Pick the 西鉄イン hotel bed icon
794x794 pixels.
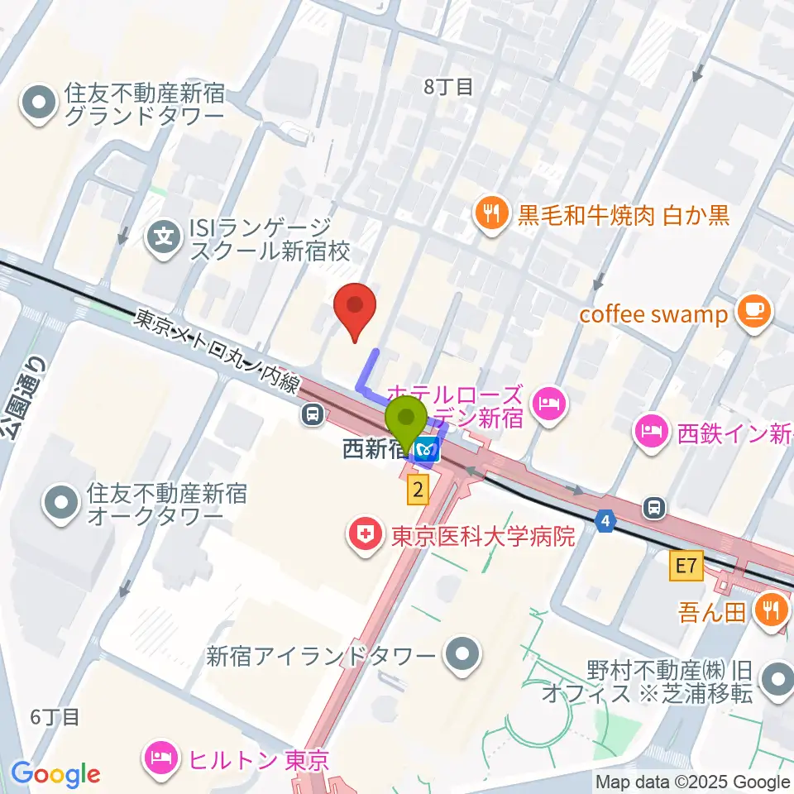click(x=652, y=432)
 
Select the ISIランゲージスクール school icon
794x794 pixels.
click(x=165, y=239)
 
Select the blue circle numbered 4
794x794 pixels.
click(x=606, y=520)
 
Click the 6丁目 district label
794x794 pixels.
click(x=55, y=716)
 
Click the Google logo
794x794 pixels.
click(x=55, y=775)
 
